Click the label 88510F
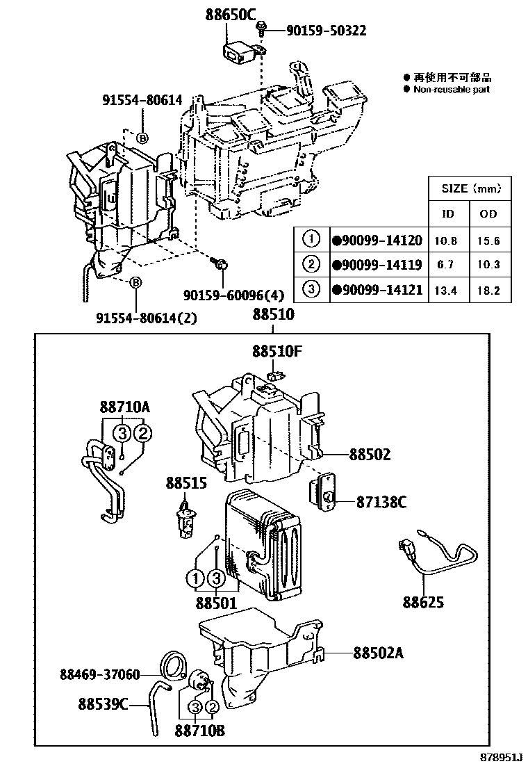[x=277, y=352]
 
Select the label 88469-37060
[x=99, y=674]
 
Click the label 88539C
[x=102, y=704]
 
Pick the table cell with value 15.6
[x=488, y=241]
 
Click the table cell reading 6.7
[x=445, y=265]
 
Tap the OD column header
[x=488, y=213]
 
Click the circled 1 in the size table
[x=311, y=240]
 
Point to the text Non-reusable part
[x=452, y=90]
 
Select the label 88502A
[x=379, y=653]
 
